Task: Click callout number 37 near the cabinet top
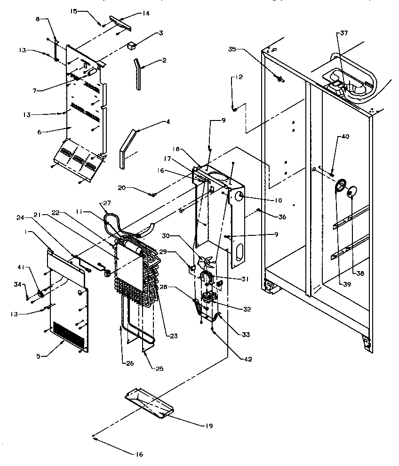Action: [x=344, y=33]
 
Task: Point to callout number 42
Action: [x=248, y=359]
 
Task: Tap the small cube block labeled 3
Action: [x=132, y=46]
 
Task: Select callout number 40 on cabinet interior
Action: [x=345, y=137]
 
